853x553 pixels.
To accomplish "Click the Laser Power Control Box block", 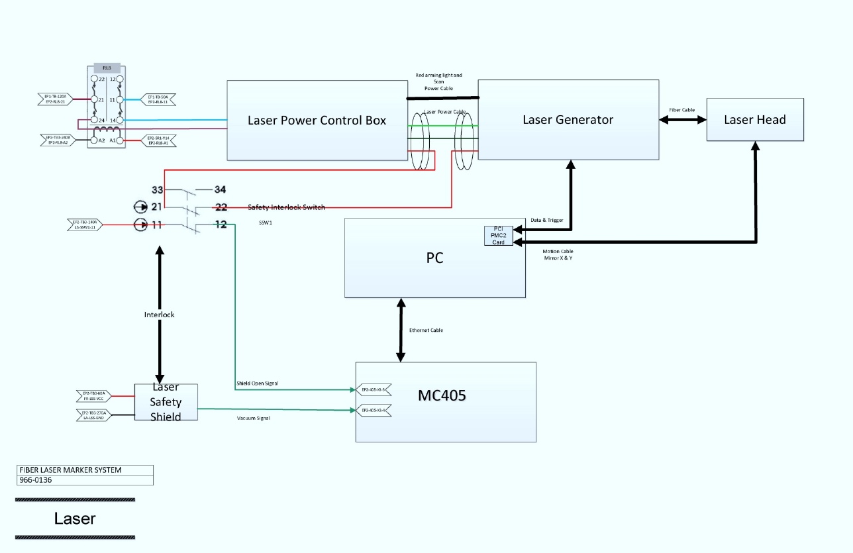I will (x=317, y=121).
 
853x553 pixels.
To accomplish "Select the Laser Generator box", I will (x=568, y=120).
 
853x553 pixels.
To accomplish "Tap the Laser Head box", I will (x=754, y=120).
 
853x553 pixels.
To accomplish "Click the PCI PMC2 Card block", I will (x=498, y=236).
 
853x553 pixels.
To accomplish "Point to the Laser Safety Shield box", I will (x=166, y=402).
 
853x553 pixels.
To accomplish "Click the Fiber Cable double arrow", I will (x=683, y=120).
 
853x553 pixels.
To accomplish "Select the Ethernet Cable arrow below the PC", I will (x=401, y=330).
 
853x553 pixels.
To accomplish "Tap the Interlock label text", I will (x=159, y=315).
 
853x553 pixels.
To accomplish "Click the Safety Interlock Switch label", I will (x=286, y=207).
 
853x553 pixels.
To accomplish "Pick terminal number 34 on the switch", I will (x=220, y=189).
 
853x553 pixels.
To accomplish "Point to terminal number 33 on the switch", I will (x=157, y=189).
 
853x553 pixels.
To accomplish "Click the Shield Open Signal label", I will (x=258, y=383).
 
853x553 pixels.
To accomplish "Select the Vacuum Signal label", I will (x=254, y=418).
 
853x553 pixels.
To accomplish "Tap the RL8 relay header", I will (x=107, y=68).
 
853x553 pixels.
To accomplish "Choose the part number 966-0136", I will (x=36, y=480).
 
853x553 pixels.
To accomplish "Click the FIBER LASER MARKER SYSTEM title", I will (x=70, y=470).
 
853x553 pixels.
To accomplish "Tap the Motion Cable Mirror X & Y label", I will (x=558, y=254).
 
